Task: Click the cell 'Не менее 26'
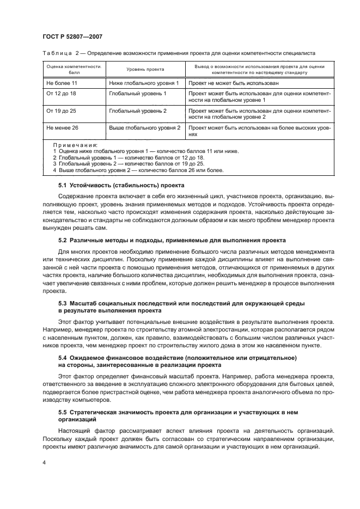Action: [62, 127]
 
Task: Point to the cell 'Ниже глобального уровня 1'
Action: [144, 83]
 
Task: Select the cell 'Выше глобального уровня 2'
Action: [144, 127]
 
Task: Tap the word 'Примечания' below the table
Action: [75, 146]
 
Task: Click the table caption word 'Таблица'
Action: [57, 52]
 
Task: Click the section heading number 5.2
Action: [63, 240]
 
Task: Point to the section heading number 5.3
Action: [63, 302]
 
